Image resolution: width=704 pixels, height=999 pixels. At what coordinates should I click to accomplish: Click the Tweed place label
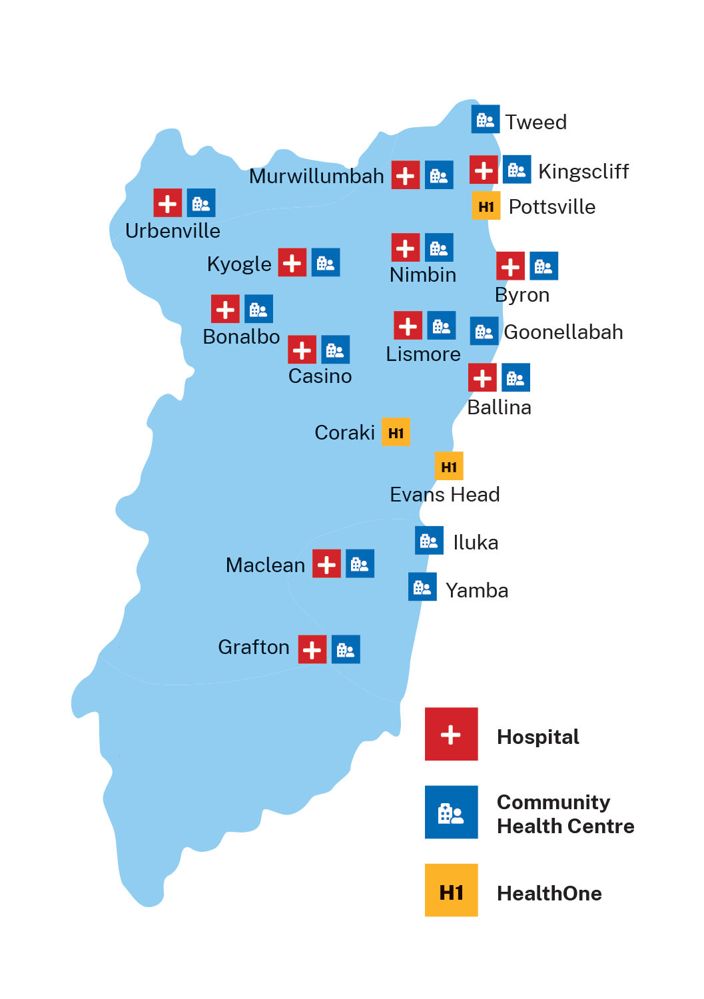click(x=535, y=123)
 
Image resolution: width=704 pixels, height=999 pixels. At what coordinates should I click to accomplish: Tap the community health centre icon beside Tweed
click(x=486, y=119)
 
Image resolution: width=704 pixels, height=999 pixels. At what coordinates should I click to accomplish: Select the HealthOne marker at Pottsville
click(x=486, y=206)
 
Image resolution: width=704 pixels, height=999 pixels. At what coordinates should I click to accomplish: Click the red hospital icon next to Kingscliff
click(x=484, y=170)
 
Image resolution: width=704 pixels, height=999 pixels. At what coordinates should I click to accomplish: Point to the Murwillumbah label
click(x=316, y=176)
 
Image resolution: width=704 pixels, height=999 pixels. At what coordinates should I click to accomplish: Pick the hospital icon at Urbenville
click(x=167, y=203)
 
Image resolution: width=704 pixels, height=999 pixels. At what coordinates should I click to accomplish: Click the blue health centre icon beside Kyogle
click(x=326, y=262)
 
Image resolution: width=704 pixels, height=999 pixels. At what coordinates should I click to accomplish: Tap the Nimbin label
click(x=423, y=275)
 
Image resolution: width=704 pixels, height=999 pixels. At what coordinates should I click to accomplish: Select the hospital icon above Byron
click(x=510, y=266)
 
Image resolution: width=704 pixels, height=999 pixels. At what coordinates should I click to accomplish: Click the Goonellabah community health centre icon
click(x=484, y=331)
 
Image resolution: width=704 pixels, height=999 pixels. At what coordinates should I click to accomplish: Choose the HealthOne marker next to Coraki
click(x=396, y=433)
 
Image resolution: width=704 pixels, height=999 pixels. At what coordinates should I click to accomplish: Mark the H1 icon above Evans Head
click(x=449, y=467)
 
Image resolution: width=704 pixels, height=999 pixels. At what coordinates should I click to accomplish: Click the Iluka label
click(x=476, y=543)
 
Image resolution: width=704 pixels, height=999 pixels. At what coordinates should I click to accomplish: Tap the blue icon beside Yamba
click(x=422, y=587)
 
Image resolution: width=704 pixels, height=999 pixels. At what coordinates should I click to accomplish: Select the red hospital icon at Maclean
click(x=326, y=564)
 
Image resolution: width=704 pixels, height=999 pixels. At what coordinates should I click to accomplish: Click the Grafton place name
click(x=254, y=647)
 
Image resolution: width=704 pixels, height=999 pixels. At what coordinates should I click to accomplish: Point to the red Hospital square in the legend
click(x=451, y=734)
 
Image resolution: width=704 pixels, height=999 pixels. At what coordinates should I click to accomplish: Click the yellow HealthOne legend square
click(x=451, y=890)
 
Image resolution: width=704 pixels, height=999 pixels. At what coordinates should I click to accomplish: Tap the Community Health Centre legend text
click(x=565, y=814)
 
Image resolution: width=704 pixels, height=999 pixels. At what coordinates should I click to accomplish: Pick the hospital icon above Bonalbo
click(x=225, y=309)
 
